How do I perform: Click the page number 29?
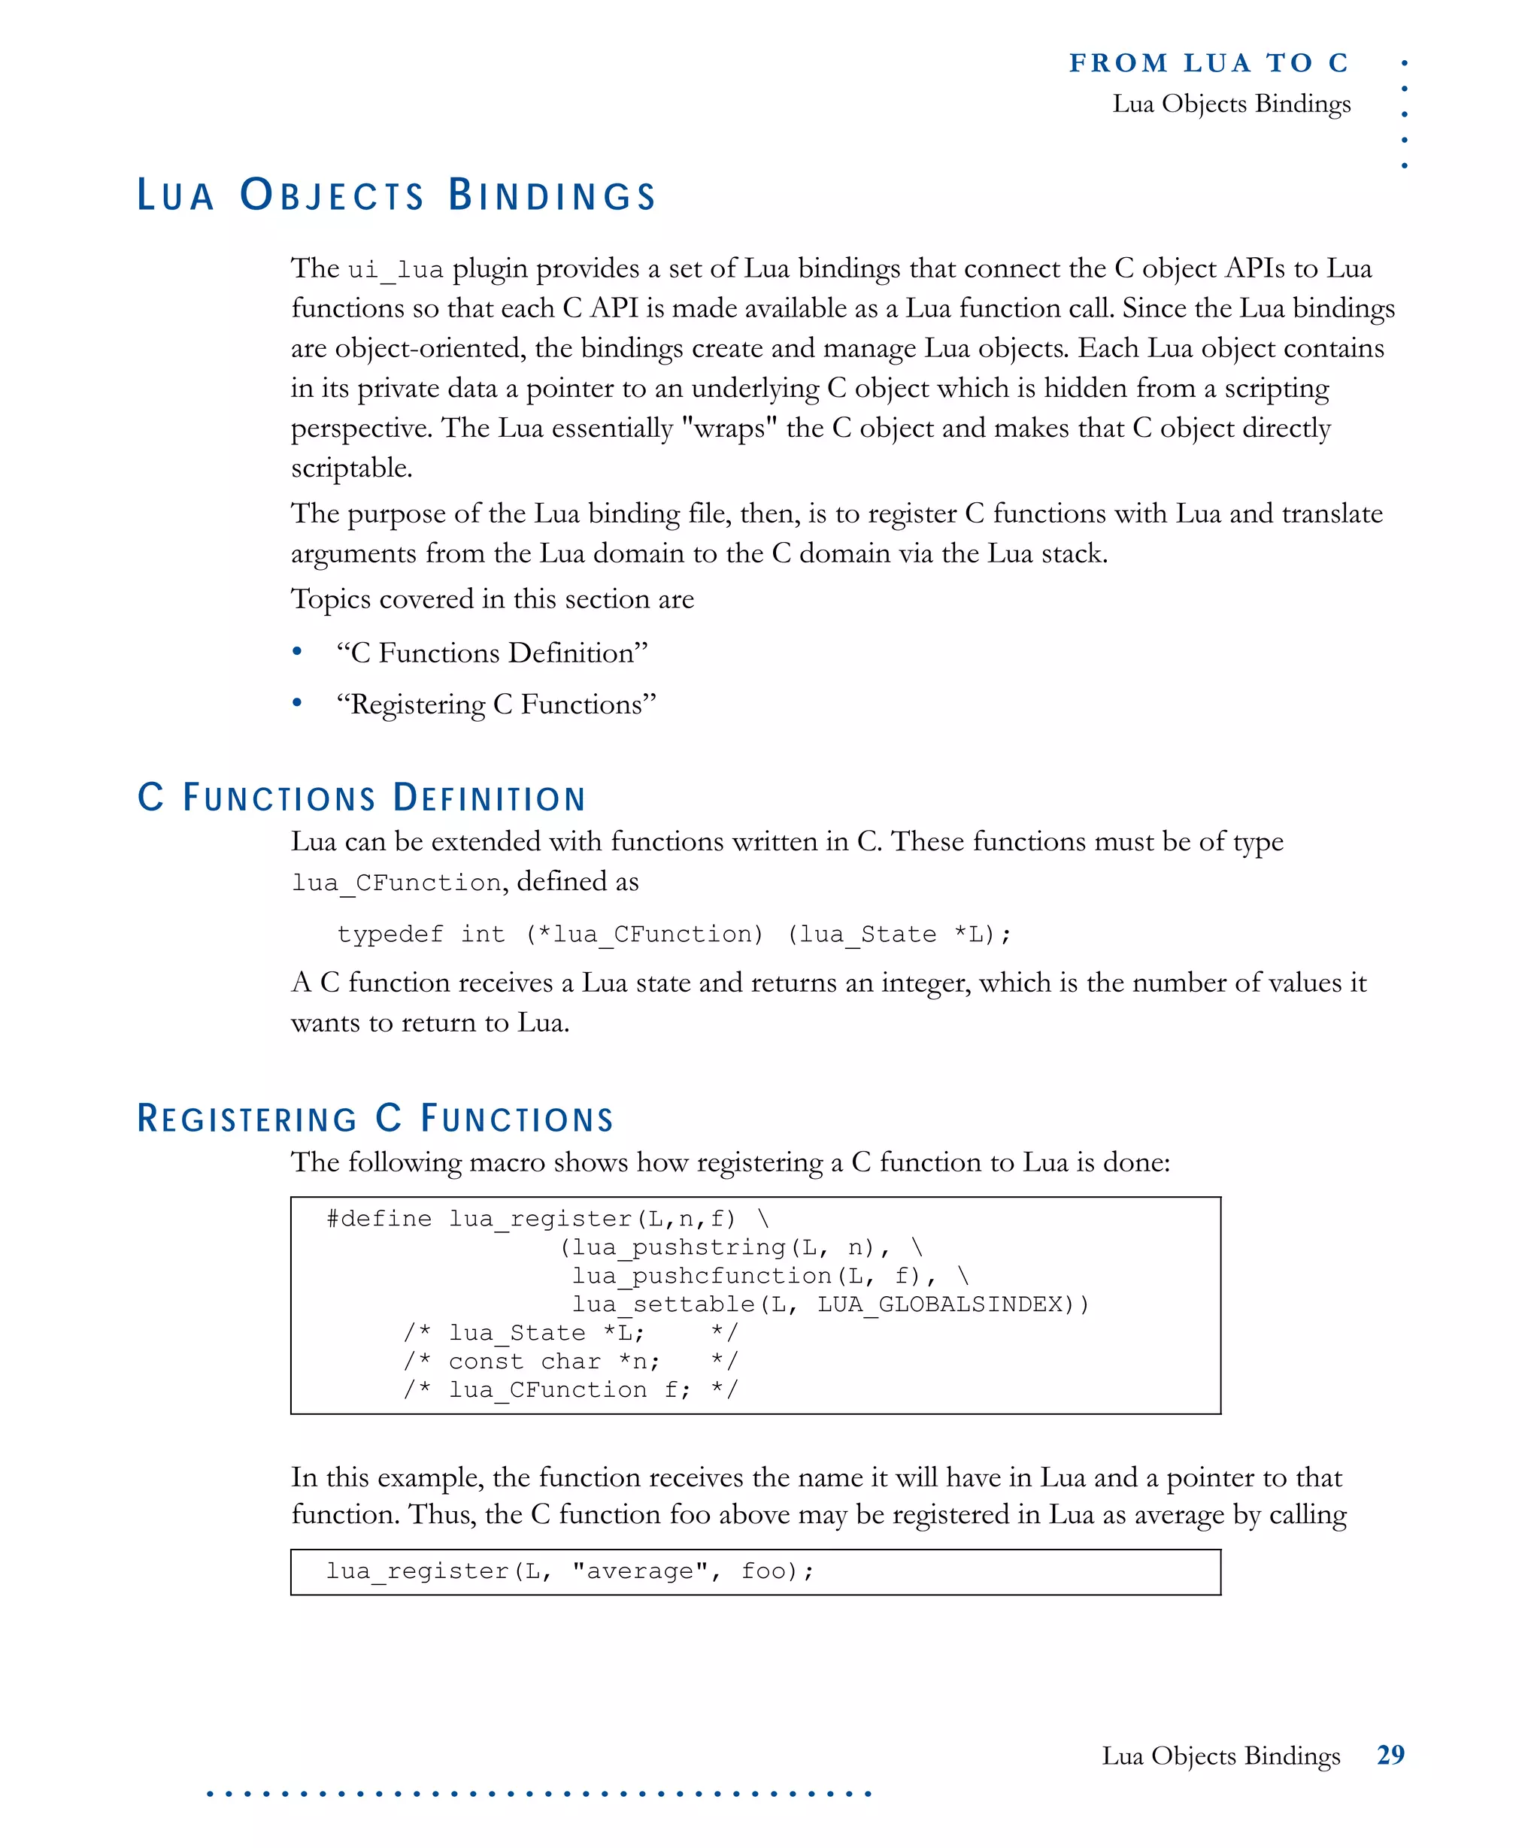1390,1755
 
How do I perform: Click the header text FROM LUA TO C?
1208,63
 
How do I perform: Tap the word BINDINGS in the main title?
552,195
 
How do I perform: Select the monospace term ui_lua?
395,269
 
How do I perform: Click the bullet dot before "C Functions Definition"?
298,652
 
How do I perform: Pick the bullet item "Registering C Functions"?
496,705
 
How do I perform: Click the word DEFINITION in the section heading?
490,798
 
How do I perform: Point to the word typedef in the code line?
390,934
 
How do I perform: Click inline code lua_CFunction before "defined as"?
396,883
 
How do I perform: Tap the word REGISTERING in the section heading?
247,1119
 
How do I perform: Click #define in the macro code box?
378,1219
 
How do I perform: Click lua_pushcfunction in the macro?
702,1276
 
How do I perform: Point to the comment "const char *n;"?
554,1362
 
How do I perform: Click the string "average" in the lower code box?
640,1571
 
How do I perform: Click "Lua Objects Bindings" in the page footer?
1220,1756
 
